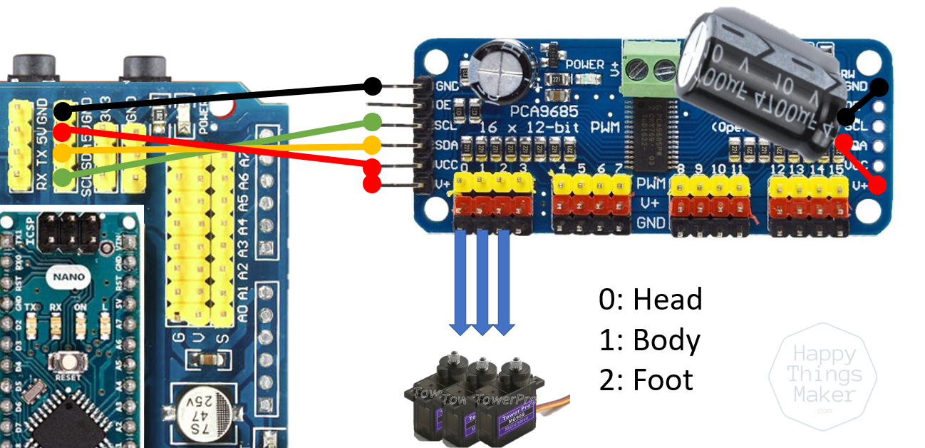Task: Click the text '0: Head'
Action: coord(650,299)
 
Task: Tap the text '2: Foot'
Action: coord(646,380)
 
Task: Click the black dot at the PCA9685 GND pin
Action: coord(372,86)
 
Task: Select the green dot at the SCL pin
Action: coord(372,122)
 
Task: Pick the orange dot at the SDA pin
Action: coord(372,146)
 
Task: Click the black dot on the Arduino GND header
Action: coord(63,111)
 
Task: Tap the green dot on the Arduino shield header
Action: coord(63,176)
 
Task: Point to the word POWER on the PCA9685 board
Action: coord(584,65)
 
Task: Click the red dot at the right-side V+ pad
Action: coord(877,185)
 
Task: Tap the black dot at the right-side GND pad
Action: coord(879,88)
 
